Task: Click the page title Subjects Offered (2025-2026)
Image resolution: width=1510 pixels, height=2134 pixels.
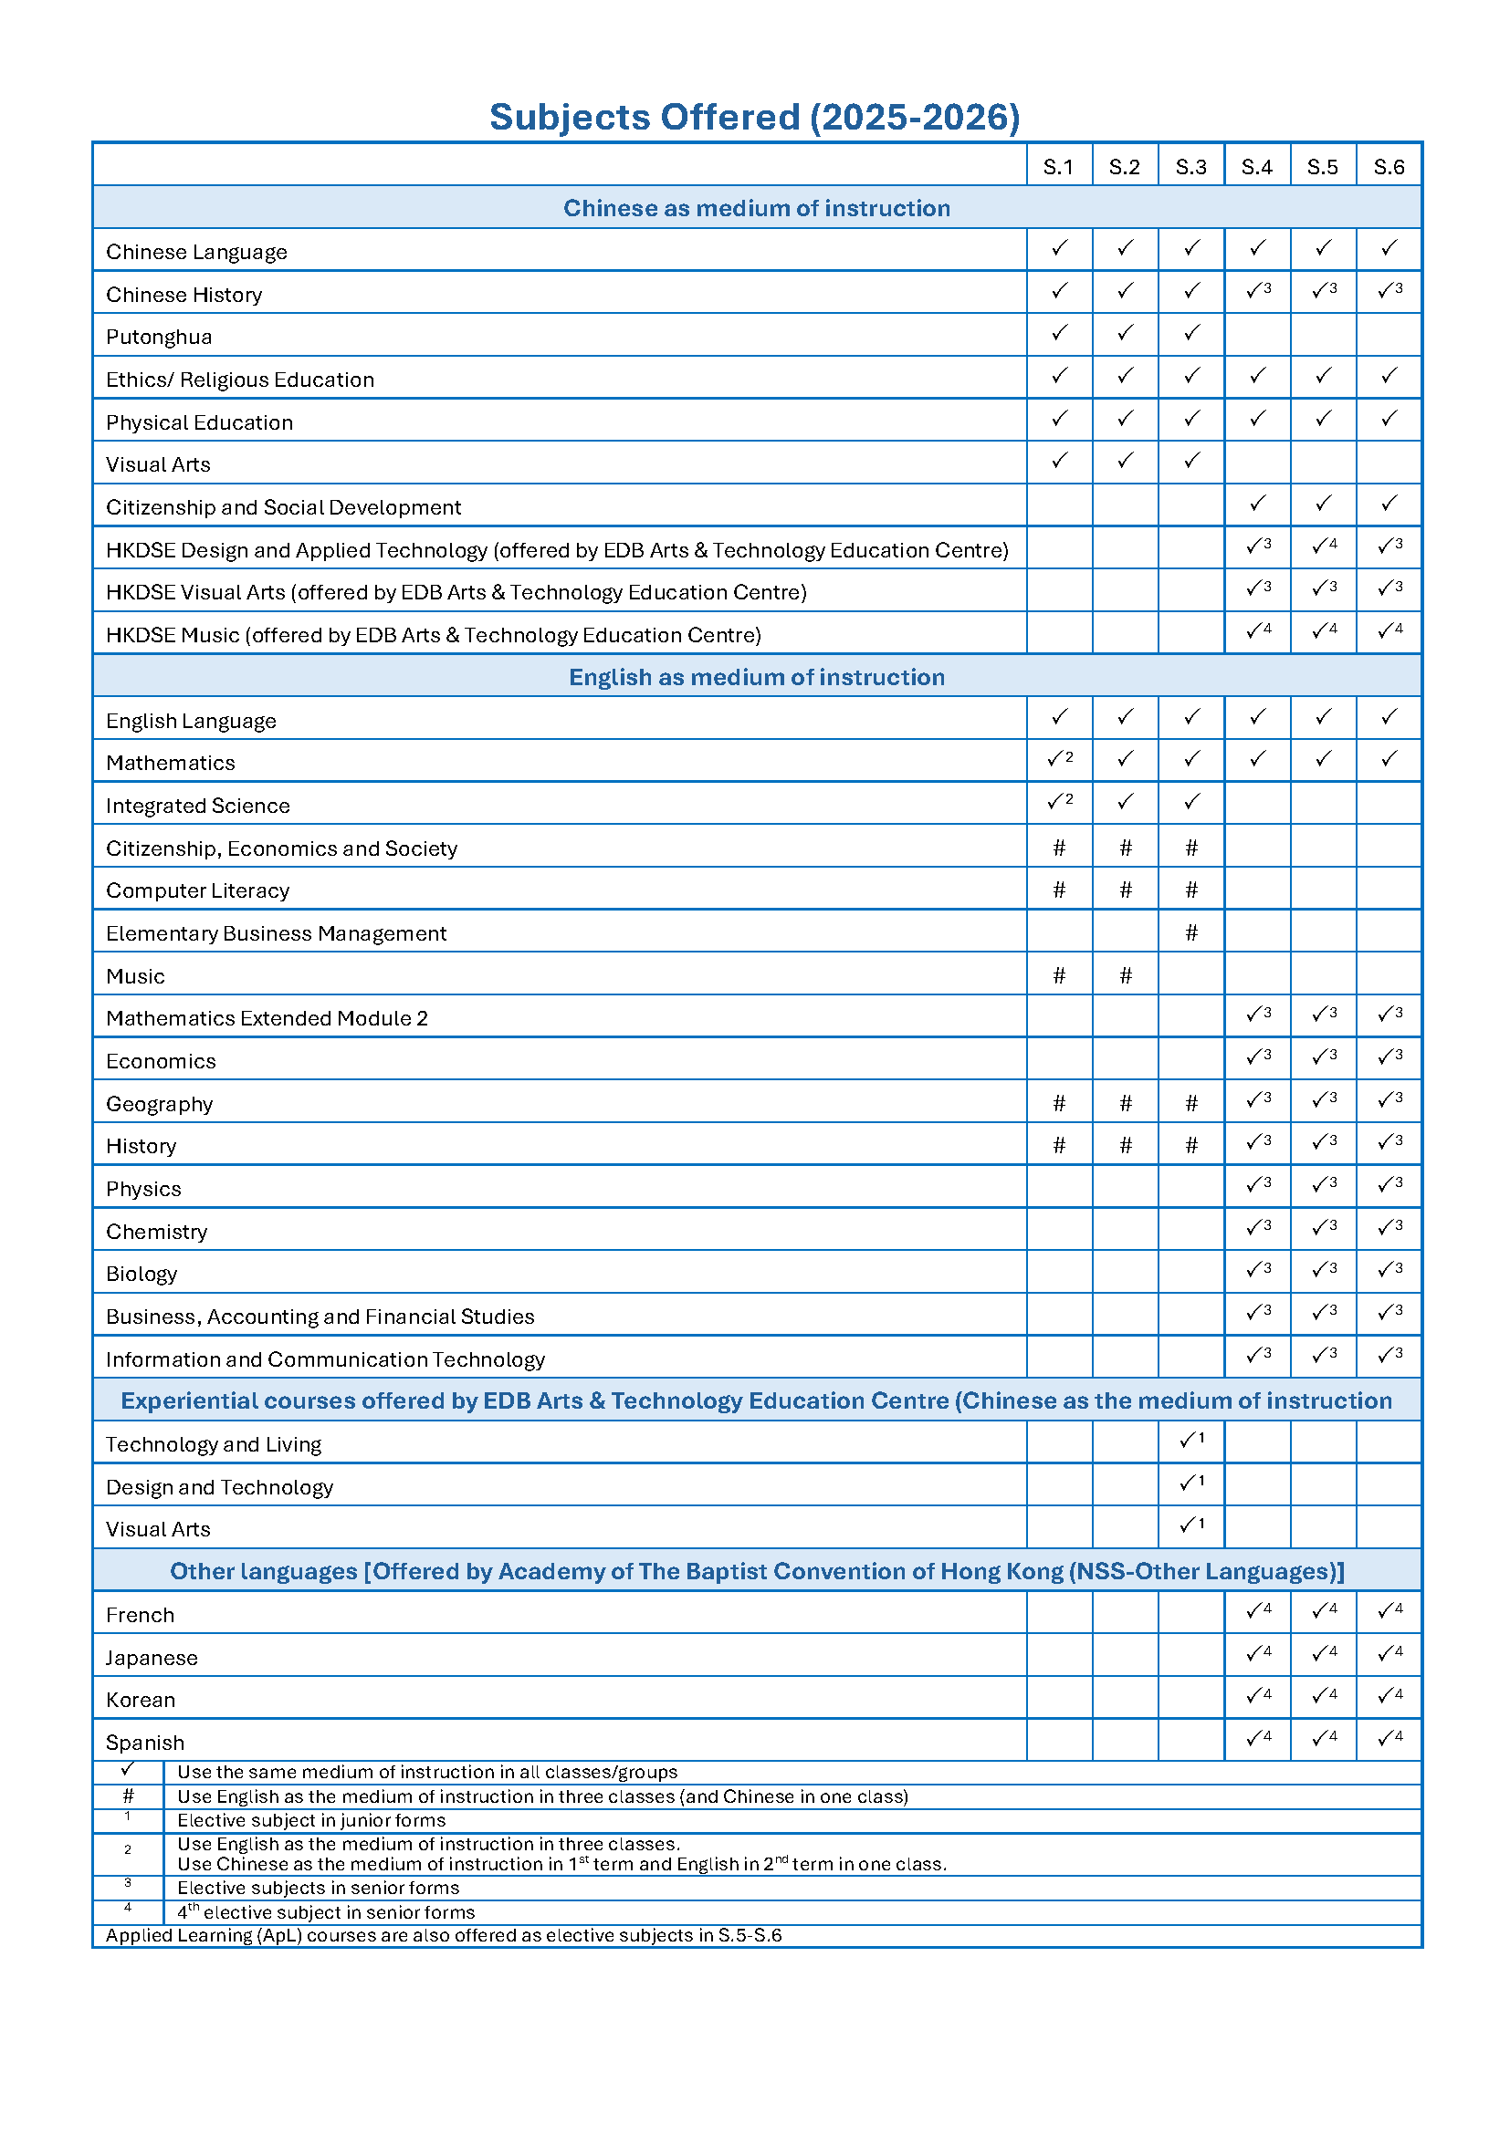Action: [x=754, y=118]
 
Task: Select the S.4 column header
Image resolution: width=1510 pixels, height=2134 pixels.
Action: [x=1256, y=167]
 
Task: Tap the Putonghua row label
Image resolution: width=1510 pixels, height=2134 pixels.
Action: [x=159, y=337]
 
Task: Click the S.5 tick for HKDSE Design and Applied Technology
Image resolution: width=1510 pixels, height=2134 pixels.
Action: [x=1323, y=547]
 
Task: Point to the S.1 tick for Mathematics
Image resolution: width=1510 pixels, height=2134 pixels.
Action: [x=1059, y=759]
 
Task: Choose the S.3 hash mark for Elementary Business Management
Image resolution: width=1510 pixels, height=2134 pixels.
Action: [x=1191, y=932]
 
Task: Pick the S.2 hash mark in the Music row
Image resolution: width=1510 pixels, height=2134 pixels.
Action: [x=1125, y=975]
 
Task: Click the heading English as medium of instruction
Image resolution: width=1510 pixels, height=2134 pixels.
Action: [x=756, y=677]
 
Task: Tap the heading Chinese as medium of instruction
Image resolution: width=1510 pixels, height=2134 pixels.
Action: [x=756, y=208]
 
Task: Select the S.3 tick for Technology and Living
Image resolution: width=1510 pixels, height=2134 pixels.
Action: [x=1191, y=1441]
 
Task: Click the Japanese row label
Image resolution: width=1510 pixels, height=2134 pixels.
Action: [x=152, y=1657]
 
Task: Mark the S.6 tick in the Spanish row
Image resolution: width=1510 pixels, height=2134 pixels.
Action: [x=1389, y=1737]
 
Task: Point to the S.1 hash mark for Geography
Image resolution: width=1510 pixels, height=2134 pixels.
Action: [x=1059, y=1103]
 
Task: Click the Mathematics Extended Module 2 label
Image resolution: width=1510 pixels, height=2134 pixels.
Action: [x=267, y=1018]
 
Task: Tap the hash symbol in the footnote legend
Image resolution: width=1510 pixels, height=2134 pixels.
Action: [x=129, y=1796]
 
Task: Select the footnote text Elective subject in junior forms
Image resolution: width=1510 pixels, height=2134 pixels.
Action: [x=311, y=1820]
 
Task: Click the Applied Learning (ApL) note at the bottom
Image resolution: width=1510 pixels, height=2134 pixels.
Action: [x=444, y=1935]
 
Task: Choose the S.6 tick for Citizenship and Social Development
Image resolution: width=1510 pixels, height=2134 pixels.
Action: [x=1389, y=504]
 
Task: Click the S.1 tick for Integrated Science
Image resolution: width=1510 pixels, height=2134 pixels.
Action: [x=1059, y=801]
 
